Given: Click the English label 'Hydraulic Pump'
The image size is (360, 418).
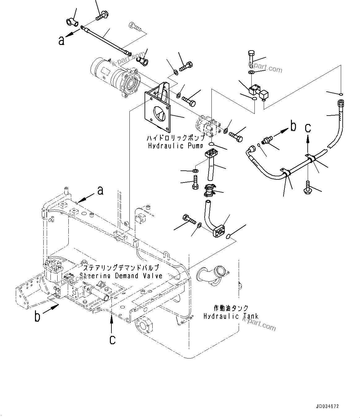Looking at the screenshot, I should (x=176, y=146).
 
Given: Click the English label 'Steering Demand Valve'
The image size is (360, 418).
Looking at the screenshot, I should (x=121, y=275).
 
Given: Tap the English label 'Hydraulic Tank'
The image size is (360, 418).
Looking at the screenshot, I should (x=231, y=316).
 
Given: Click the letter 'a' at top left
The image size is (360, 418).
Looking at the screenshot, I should (x=62, y=40).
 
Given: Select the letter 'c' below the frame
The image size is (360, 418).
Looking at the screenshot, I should (x=113, y=339).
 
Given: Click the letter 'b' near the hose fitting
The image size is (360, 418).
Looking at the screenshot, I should (x=293, y=126).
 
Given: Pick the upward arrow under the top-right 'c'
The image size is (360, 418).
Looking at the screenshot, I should (x=308, y=142).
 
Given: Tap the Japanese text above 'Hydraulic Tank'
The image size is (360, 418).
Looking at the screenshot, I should (x=231, y=308).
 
